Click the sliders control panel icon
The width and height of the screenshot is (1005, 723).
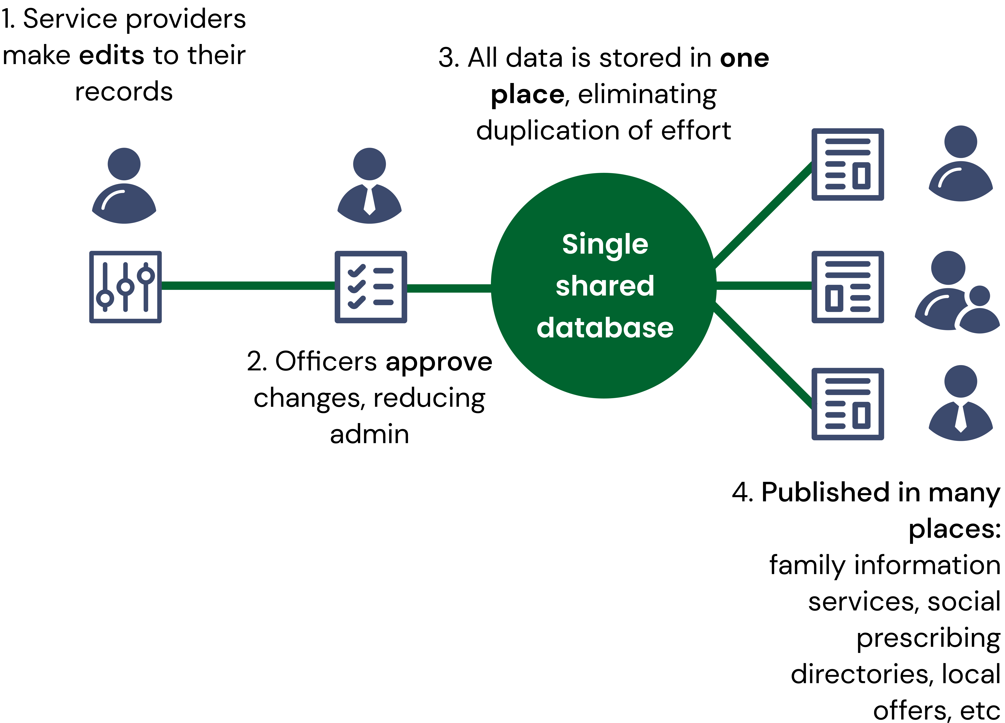[125, 287]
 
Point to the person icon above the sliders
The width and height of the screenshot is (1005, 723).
[124, 186]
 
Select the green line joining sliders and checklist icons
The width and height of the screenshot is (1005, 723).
[248, 286]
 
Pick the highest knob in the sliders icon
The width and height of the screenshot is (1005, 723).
[146, 275]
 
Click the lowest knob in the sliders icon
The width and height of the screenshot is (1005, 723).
[105, 298]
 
